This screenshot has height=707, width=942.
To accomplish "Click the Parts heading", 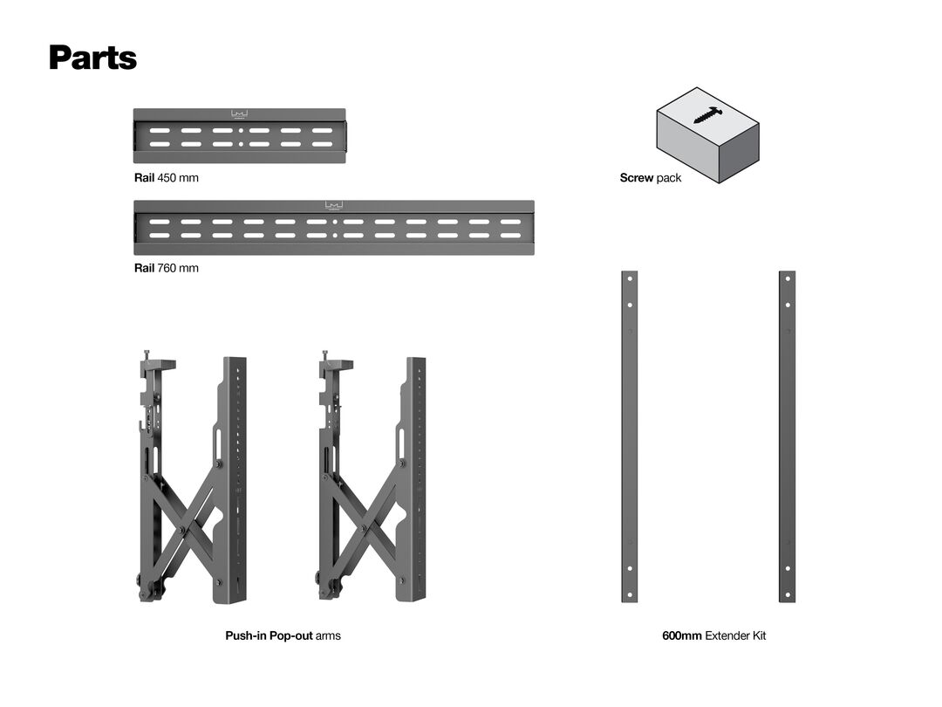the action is click(93, 58).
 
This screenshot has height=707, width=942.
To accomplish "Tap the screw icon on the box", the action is click(707, 115).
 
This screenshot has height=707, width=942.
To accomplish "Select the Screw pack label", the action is click(651, 178).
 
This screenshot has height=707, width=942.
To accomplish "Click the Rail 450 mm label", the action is click(167, 178).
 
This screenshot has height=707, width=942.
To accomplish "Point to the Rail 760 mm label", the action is click(167, 268).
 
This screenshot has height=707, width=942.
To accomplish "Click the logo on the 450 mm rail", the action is click(240, 114).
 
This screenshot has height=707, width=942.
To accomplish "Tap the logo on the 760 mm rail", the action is click(334, 206).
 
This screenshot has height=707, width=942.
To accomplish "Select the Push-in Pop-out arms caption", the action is click(283, 635).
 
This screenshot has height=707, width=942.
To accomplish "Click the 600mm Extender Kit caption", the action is click(713, 635).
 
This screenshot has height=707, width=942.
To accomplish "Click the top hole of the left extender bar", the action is click(630, 279).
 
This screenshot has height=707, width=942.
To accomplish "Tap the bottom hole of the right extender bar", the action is click(788, 595).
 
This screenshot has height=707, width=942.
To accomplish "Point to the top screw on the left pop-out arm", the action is click(146, 354).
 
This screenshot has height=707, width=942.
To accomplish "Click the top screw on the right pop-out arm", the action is click(325, 354).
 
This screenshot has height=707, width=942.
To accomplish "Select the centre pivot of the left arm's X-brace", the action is click(181, 530).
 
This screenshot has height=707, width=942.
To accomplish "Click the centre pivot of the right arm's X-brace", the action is click(363, 527).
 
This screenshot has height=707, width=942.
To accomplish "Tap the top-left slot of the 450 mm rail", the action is click(160, 130).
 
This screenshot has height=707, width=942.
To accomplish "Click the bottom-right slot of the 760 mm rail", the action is click(510, 235).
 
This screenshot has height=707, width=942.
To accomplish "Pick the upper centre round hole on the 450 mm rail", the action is click(241, 130).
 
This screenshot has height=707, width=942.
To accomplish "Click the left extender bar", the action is click(630, 436).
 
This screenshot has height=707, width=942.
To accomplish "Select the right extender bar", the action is click(788, 436).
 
